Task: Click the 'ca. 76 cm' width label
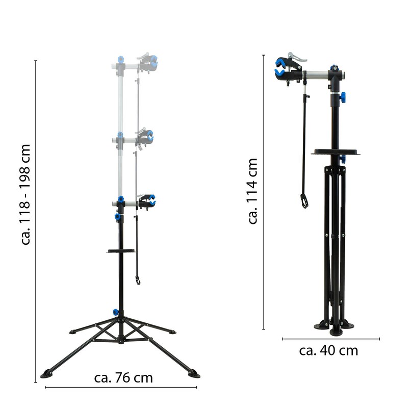pyautogui.click(x=123, y=378)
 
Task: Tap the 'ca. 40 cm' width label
pyautogui.click(x=328, y=350)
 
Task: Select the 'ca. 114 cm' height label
pyautogui.click(x=252, y=191)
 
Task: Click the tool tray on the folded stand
pyautogui.click(x=336, y=151)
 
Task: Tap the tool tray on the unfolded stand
pyautogui.click(x=121, y=251)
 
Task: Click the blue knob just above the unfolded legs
pyautogui.click(x=116, y=312)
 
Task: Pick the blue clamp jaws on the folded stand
pyautogui.click(x=280, y=68)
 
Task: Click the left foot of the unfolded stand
pyautogui.click(x=46, y=374)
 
